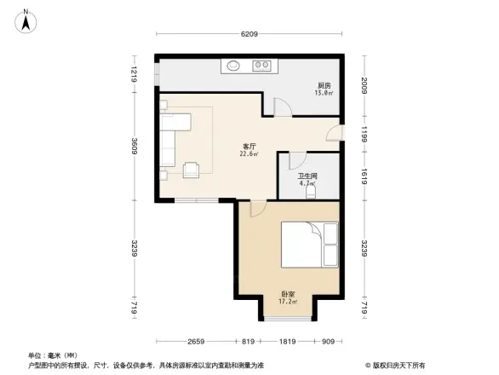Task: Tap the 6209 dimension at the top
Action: pyautogui.click(x=248, y=34)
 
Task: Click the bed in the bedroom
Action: pyautogui.click(x=309, y=243)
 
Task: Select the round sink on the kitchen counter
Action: pyautogui.click(x=233, y=64)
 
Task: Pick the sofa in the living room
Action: pyautogui.click(x=167, y=138)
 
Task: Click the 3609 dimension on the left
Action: pyautogui.click(x=134, y=147)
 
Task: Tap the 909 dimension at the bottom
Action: pyautogui.click(x=329, y=341)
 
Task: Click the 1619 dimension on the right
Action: pyautogui.click(x=364, y=175)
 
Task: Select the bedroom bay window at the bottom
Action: pyautogui.click(x=288, y=318)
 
